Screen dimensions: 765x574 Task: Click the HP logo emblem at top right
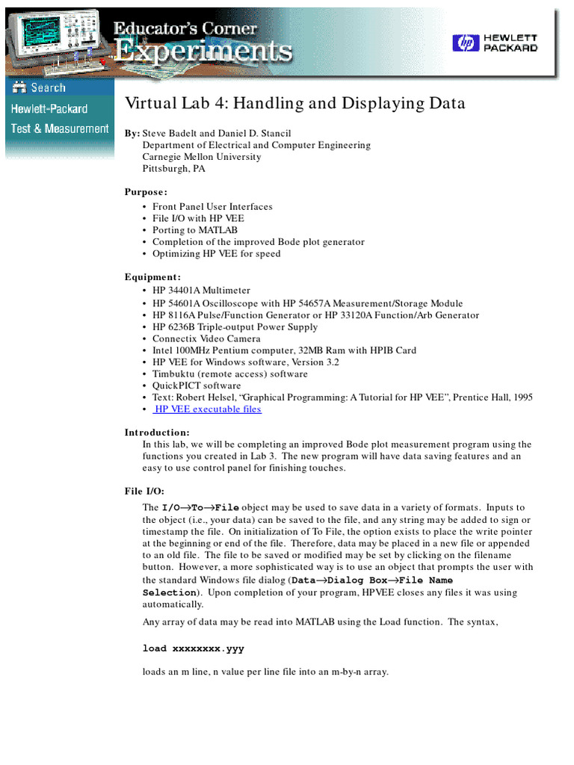[x=464, y=43]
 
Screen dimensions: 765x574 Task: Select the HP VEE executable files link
[x=208, y=409]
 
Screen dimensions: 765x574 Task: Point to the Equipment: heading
[x=152, y=276]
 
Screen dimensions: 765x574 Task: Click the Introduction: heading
[x=157, y=433]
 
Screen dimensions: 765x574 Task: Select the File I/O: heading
[x=144, y=491]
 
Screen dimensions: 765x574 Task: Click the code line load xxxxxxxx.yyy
[x=193, y=648]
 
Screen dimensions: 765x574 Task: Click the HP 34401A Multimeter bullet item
[x=201, y=291]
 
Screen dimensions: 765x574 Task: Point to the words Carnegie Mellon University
[x=202, y=157]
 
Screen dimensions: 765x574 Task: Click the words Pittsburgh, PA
[x=173, y=169]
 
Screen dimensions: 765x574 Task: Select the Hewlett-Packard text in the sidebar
[x=49, y=109]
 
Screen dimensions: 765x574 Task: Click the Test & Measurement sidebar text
[x=59, y=128]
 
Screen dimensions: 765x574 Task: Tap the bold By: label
[x=132, y=133]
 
